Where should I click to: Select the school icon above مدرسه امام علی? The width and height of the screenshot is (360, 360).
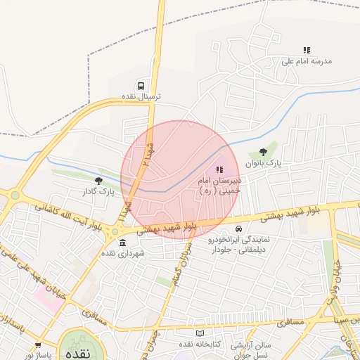(306, 50)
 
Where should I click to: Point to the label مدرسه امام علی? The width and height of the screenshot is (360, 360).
(306, 61)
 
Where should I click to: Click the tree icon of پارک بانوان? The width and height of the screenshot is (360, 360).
(263, 151)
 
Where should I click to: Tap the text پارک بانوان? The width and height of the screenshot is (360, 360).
(263, 162)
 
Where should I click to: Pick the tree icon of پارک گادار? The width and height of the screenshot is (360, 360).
(98, 181)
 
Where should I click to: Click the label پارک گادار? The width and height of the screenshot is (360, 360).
(98, 191)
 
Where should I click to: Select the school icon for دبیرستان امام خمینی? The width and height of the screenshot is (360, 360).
(219, 169)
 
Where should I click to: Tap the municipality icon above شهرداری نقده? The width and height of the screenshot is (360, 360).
(122, 243)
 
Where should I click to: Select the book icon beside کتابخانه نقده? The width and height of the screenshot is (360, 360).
(200, 333)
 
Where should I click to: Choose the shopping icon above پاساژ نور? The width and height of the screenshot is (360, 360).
(38, 345)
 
